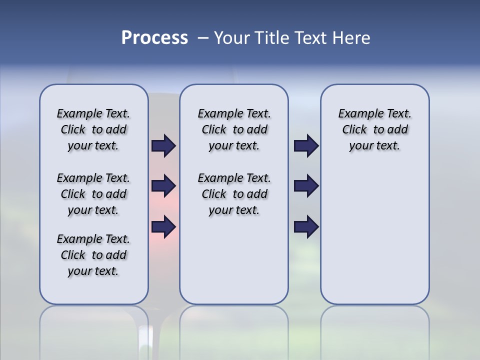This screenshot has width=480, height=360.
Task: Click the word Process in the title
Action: click(154, 37)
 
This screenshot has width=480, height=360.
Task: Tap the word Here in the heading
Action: click(350, 38)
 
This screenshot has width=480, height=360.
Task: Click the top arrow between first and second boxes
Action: click(163, 145)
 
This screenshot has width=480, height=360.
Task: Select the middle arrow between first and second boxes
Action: click(163, 186)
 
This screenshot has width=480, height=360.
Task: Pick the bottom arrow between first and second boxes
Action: click(163, 226)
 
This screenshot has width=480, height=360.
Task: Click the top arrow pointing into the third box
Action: click(306, 145)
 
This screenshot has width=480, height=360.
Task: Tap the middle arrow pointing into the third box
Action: click(306, 186)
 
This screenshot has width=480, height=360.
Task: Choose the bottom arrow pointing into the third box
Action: click(306, 226)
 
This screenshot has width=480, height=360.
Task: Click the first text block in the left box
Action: click(93, 129)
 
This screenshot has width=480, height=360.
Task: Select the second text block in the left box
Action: click(93, 194)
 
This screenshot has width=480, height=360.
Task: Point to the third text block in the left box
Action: click(93, 255)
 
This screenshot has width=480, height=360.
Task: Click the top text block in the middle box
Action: click(234, 129)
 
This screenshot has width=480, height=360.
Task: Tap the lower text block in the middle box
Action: click(234, 194)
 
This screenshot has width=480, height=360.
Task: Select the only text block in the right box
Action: click(374, 129)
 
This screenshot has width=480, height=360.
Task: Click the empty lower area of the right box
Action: click(374, 235)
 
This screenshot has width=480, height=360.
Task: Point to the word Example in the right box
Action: click(357, 114)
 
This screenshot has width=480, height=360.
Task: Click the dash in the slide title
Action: click(203, 38)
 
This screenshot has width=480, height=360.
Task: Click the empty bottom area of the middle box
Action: click(234, 265)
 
